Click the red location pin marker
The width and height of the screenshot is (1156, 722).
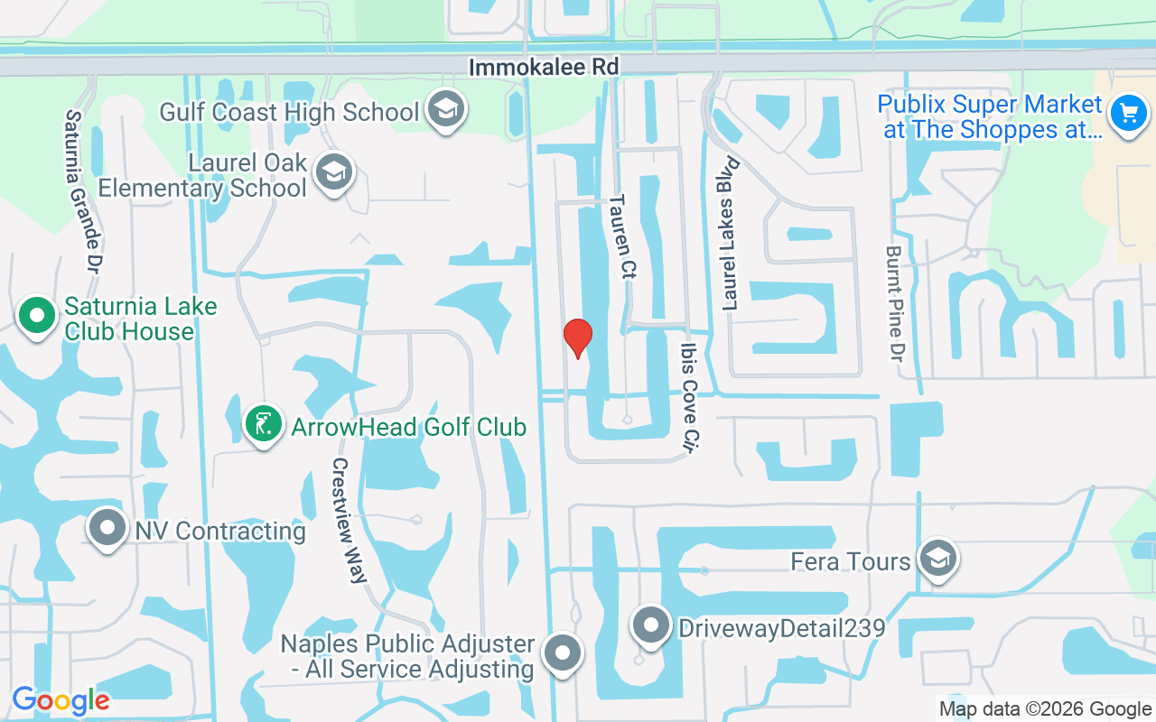click(x=578, y=338)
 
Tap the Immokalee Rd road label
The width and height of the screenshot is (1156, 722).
click(x=544, y=67)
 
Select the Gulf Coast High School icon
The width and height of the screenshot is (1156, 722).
click(x=445, y=110)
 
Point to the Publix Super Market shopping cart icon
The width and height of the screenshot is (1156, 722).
click(x=1127, y=115)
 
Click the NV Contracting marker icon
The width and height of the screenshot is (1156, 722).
click(x=107, y=528)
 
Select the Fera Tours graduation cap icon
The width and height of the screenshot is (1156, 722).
click(x=938, y=559)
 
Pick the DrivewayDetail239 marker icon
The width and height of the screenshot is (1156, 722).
click(x=650, y=625)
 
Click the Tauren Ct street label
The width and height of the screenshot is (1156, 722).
click(x=622, y=236)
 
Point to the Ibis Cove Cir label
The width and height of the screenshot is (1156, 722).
click(x=691, y=396)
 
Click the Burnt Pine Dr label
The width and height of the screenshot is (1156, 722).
click(x=895, y=301)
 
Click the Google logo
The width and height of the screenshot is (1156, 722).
click(x=61, y=700)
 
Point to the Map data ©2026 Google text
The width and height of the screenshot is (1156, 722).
click(x=1045, y=709)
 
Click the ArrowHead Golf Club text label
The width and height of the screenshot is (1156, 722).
click(x=408, y=426)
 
